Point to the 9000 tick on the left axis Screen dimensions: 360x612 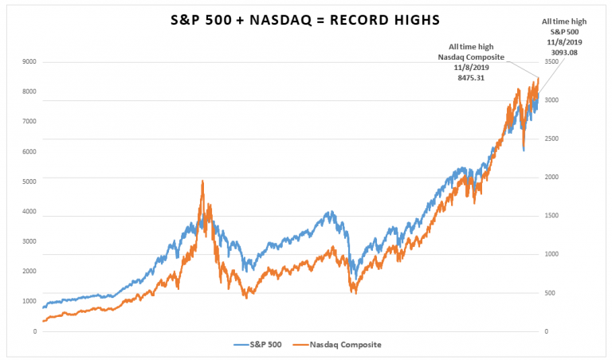(29, 61)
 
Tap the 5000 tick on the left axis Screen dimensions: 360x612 (29, 182)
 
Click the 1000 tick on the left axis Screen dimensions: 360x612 (29, 301)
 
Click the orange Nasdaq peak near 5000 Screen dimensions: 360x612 (202, 182)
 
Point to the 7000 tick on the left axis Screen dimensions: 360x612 (29, 121)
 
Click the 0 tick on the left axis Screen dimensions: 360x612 (34, 331)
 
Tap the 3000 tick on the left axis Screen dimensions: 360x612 (29, 241)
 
